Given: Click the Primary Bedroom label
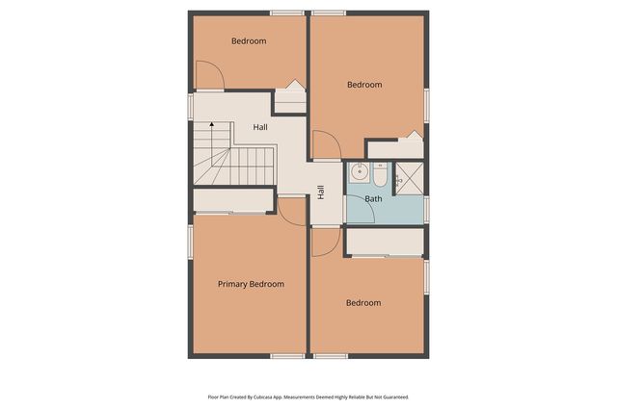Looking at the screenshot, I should pos(251,284).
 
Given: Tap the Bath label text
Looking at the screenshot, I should pos(373,199).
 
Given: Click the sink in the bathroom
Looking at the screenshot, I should pos(359,173).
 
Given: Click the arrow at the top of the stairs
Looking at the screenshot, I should pos(211,126).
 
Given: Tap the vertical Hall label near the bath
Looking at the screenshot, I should pos(321,193).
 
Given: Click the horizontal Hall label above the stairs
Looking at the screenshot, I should pos(260,127).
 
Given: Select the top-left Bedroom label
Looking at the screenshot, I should pos(249,41).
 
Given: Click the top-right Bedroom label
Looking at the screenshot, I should pos(364,85).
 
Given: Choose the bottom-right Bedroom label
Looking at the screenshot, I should pos(363,303).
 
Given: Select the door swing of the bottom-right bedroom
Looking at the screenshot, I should pos(325,241).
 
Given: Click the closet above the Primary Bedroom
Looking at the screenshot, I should pos(233,200).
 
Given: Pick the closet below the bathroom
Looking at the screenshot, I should pos(386,242).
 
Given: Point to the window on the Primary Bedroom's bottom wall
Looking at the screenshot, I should pos(287,356).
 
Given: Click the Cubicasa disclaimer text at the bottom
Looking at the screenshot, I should pos(308,397).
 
